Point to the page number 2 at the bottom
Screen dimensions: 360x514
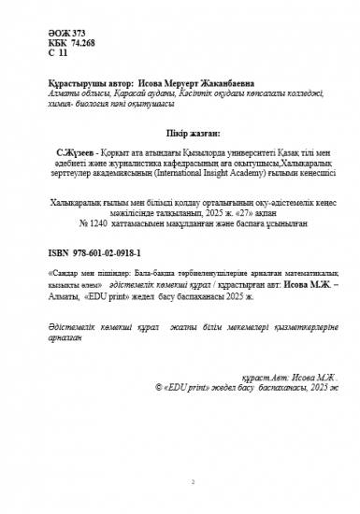click(x=192, y=483)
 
